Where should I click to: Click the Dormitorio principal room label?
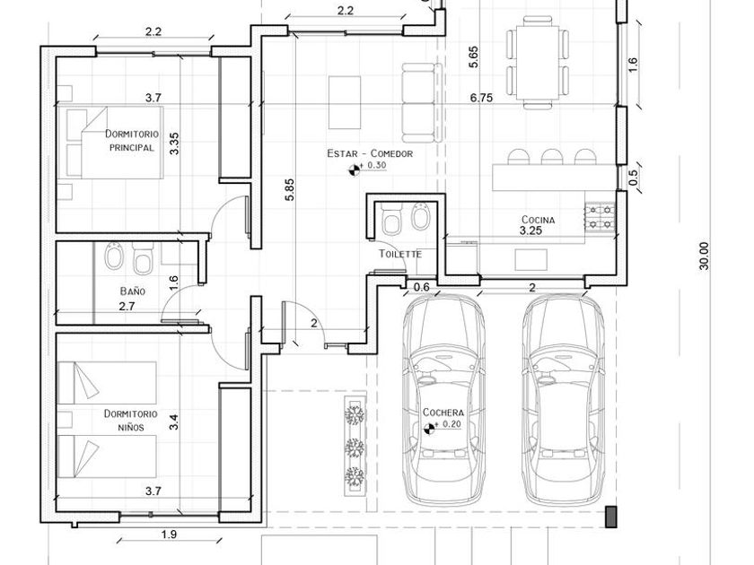coord(132,140)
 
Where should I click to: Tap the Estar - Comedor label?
coord(370,153)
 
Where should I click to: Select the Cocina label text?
coord(538,220)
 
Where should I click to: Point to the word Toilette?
coord(400,254)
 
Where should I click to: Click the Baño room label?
coord(132,291)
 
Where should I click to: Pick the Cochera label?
coord(443,413)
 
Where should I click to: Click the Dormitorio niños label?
coord(131,421)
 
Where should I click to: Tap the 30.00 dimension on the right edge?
coord(704,256)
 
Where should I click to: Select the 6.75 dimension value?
coord(481,98)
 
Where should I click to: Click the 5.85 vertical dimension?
coord(289,190)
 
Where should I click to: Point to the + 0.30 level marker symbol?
coord(354,169)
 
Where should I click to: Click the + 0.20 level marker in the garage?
coord(428,428)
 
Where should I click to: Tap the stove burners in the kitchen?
coord(601,217)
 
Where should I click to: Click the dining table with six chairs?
coord(537,63)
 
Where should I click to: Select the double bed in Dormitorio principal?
coord(110,143)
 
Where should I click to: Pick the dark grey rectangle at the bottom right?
coord(610,517)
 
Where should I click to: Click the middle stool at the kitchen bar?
coord(551,157)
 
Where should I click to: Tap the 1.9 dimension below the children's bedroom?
coord(170,535)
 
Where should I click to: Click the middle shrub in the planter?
coord(355,447)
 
